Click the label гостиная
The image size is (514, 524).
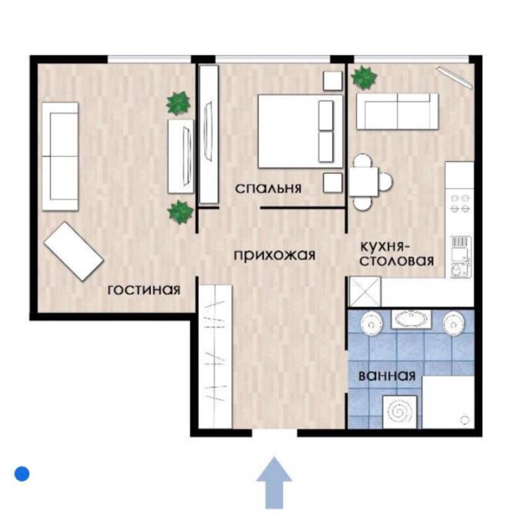point(144,290)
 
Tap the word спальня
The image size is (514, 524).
point(268,189)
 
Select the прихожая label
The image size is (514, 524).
point(274,255)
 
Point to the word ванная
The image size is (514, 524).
point(387,376)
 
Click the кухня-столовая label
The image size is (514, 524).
point(397,254)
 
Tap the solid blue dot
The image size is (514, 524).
point(22,474)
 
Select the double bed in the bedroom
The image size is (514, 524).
point(300,131)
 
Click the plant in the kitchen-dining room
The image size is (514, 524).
point(364,78)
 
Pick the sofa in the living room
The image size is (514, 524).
point(60,157)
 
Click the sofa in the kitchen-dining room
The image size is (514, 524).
point(397,111)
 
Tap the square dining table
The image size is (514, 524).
point(364,182)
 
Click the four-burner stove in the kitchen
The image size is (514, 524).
point(460,203)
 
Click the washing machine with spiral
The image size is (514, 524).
point(399,412)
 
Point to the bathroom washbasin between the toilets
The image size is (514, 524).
point(411,319)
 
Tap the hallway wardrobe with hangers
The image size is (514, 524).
point(215,356)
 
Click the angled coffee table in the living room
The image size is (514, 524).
point(74,251)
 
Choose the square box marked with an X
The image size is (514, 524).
point(365,291)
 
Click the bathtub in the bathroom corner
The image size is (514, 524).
point(448,402)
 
